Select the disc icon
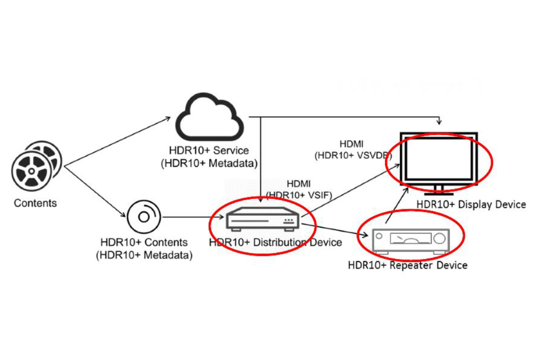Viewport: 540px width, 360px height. tap(144, 217)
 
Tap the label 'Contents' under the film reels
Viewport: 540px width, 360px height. tap(35, 203)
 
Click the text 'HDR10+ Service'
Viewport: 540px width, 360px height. tap(209, 151)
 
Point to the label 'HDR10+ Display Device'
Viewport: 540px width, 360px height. tap(471, 205)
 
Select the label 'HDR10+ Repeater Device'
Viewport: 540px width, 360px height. tap(408, 265)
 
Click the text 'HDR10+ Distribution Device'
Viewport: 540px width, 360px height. tap(276, 243)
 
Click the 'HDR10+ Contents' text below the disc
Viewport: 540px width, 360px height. tap(144, 243)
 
